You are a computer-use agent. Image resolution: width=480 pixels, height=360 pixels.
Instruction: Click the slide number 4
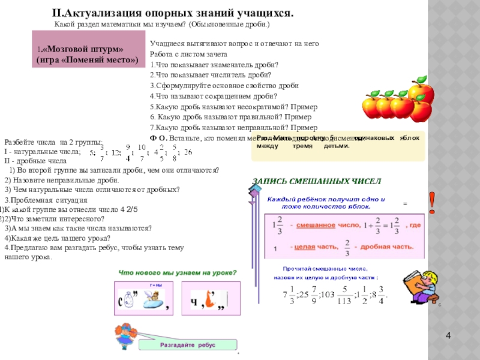coord(456,334)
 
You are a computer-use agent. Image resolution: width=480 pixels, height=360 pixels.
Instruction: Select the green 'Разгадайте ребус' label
coord(188,345)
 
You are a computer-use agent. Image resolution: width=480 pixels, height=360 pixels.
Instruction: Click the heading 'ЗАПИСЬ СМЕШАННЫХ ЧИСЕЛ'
coord(316,181)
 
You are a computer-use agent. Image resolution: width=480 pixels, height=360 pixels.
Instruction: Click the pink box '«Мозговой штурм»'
coord(88,55)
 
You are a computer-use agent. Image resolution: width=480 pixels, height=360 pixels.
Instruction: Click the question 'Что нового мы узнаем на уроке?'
coord(178,272)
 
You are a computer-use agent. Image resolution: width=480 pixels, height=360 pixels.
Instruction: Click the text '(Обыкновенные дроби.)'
coord(230,25)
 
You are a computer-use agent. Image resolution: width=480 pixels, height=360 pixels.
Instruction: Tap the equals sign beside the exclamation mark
coord(404,204)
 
